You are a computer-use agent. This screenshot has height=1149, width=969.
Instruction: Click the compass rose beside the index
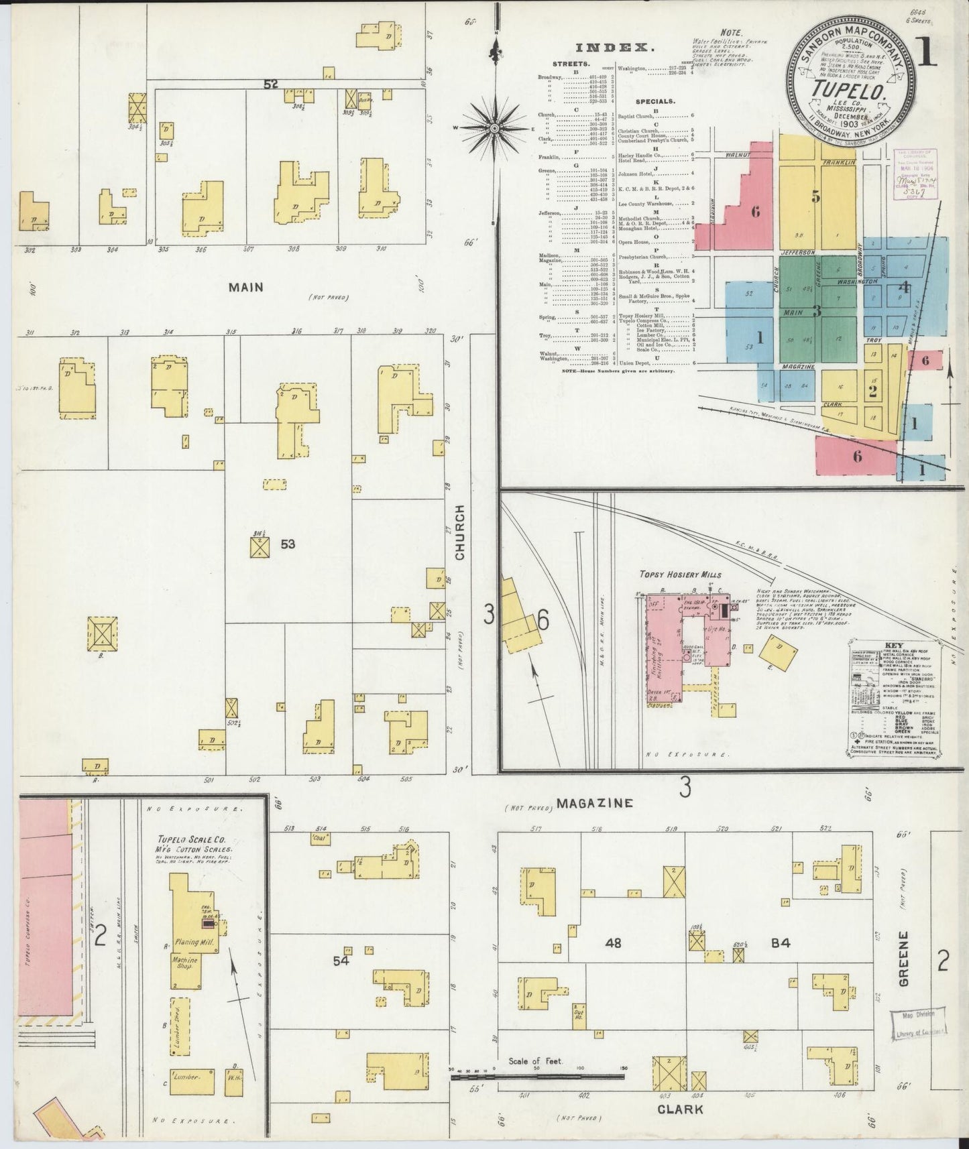494,126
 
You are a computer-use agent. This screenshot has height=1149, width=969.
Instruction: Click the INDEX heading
615,48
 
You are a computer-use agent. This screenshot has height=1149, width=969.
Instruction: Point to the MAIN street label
245,287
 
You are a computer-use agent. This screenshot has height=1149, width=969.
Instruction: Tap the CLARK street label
680,1109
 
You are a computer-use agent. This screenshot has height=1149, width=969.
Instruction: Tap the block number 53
288,544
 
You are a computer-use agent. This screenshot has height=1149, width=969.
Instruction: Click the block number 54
342,961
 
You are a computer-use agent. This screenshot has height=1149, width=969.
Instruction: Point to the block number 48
612,943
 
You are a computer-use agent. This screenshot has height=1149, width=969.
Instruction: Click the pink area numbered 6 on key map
755,212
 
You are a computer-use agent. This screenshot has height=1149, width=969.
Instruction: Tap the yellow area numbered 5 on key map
815,196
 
